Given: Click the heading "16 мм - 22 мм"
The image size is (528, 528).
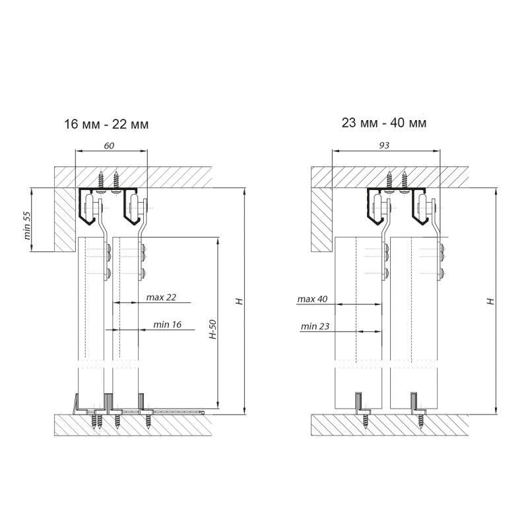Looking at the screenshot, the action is (x=106, y=124).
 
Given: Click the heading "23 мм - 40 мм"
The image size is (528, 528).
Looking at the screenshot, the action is (x=384, y=123).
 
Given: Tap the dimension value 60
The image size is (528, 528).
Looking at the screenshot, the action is (x=109, y=145).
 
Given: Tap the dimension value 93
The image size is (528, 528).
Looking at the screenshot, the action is (x=384, y=145).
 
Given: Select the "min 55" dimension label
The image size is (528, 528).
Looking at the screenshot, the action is (x=27, y=225).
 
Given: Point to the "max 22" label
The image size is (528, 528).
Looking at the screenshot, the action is (x=161, y=298).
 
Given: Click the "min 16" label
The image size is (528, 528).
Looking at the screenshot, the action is (x=168, y=325).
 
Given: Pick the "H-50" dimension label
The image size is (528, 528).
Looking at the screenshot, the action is (x=213, y=329).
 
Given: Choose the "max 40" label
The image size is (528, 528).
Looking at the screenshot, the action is (x=312, y=299).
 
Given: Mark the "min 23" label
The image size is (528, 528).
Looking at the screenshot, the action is (x=315, y=326).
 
